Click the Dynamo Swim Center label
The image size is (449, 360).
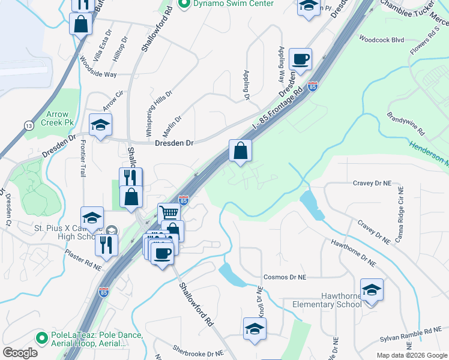point(233,4)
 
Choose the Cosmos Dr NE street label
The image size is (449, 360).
point(285,278)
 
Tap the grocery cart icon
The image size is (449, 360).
point(169,212)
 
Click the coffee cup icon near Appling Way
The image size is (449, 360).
point(300,59)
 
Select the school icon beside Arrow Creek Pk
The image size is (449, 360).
point(100,124)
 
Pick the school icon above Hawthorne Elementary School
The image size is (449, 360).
point(372,289)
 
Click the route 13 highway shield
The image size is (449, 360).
point(28,125)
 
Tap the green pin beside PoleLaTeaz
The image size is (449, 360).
point(41,338)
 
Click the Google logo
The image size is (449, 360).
point(20,353)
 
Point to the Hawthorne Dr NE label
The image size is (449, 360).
point(353,253)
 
